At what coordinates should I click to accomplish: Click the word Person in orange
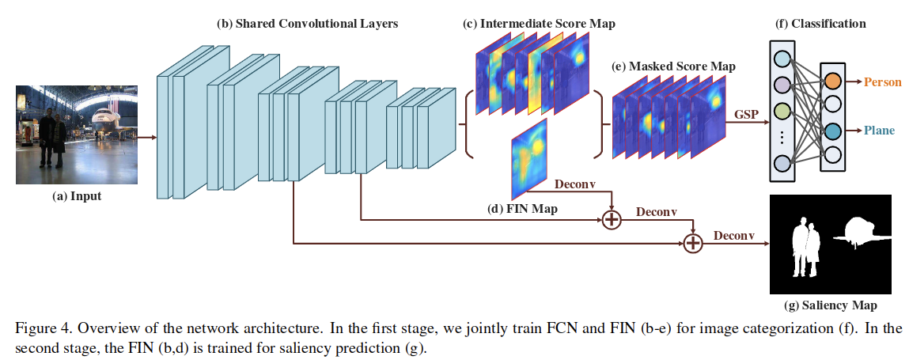click(882, 81)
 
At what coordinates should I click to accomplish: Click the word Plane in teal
click(879, 131)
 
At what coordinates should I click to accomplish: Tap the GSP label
click(746, 114)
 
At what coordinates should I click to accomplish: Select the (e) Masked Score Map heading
click(673, 66)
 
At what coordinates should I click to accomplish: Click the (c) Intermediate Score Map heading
click(539, 24)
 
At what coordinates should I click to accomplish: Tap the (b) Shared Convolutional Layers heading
click(307, 24)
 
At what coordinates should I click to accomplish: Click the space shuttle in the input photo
click(104, 119)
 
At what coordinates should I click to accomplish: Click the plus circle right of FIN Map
click(612, 219)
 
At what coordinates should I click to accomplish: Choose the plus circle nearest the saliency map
click(693, 243)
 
